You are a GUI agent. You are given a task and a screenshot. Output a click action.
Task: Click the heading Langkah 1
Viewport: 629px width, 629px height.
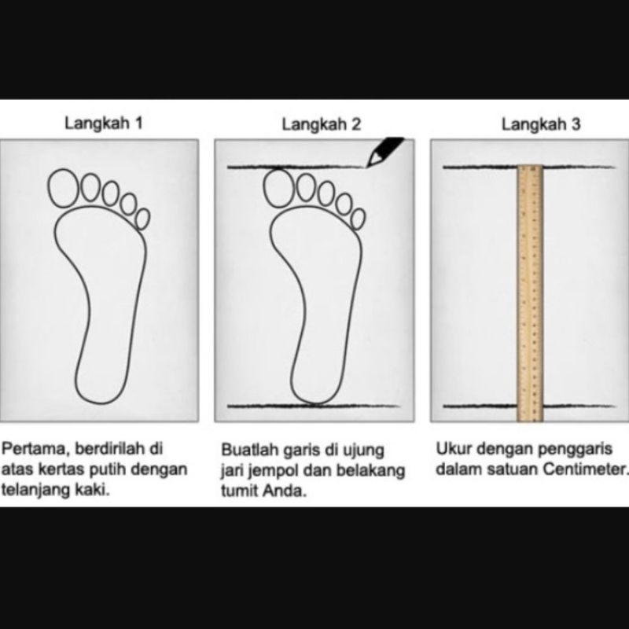[x=104, y=123]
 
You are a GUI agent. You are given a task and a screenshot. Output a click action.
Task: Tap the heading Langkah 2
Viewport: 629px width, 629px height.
[x=322, y=124]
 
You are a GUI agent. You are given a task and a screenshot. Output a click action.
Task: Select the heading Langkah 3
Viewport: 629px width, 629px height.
[x=541, y=124]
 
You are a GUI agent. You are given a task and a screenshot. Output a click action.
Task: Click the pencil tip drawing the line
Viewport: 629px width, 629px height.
[x=368, y=165]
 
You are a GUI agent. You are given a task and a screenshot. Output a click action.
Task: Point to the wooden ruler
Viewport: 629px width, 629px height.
[x=530, y=293]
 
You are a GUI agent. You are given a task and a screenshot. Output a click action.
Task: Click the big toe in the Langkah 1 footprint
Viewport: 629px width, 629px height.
[x=63, y=188]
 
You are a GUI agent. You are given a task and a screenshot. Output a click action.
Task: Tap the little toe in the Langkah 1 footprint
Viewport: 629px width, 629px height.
[x=143, y=219]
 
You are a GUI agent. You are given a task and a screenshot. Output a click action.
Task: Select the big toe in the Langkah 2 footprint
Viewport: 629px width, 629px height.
[x=278, y=188]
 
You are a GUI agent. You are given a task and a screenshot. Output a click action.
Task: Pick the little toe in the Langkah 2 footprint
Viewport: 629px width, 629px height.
[x=359, y=219]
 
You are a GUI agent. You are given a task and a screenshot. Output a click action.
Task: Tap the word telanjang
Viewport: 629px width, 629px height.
[x=35, y=489]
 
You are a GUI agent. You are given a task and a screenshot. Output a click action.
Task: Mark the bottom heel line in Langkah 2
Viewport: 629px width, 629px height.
[x=313, y=406]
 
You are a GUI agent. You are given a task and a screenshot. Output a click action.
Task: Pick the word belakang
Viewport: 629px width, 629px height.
[x=370, y=471]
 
